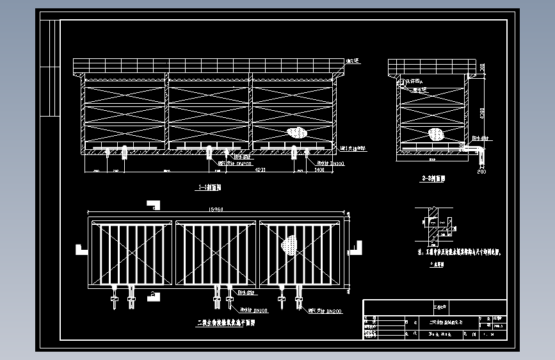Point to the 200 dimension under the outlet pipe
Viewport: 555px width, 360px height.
(481, 172)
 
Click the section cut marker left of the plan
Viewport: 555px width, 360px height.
(81, 249)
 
